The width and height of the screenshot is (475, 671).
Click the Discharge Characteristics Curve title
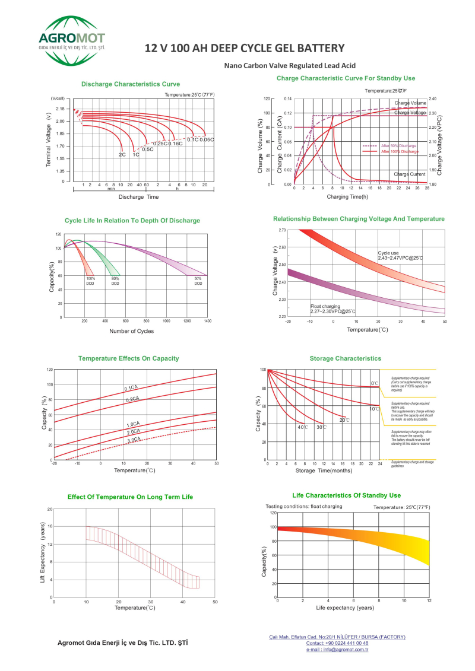tap(131, 84)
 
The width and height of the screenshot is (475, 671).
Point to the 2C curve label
tap(122, 155)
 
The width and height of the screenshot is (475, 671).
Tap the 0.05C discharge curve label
tap(207, 139)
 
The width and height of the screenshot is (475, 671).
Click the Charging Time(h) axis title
tap(347, 196)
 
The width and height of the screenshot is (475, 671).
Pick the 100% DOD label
tap(91, 281)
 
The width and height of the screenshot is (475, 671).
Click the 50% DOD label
tap(198, 281)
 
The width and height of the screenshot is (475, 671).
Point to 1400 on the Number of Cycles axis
tap(207, 321)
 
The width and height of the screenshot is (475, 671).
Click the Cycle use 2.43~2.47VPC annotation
tap(400, 256)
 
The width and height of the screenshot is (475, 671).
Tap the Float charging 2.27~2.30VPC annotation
tap(332, 309)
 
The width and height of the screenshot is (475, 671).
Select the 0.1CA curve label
tap(131, 388)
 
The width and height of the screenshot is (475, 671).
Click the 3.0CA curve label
tap(134, 440)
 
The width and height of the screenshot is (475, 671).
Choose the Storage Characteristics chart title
tap(345, 358)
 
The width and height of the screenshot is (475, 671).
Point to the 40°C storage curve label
tap(302, 427)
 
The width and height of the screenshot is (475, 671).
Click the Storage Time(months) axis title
tap(324, 470)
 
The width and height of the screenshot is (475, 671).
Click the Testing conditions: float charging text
tap(303, 506)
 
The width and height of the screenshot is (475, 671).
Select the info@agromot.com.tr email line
tap(337, 650)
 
